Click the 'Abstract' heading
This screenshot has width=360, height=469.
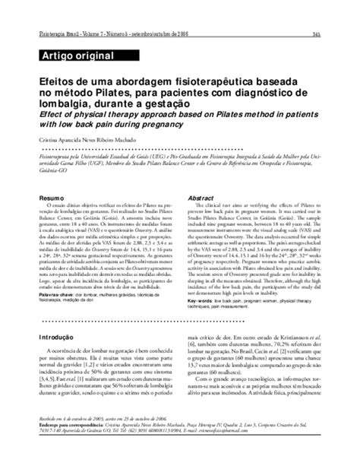(200, 198)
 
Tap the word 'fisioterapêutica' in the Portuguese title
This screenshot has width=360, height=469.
(201, 78)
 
